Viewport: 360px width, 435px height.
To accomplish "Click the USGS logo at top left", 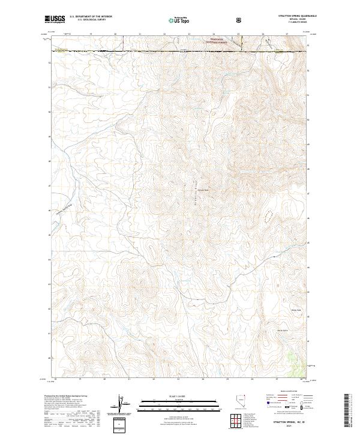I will coord(55,20).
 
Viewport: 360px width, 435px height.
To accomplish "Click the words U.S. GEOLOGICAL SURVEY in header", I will coord(91,20).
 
